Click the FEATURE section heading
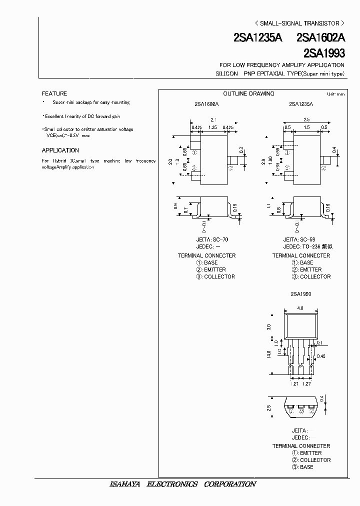click(54, 93)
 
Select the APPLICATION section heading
click(60, 150)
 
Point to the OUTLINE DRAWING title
click(248, 93)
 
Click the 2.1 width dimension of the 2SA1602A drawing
click(213, 120)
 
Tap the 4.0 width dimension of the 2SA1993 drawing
click(300, 308)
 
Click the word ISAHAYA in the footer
click(126, 484)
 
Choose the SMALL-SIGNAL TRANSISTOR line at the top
click(299, 23)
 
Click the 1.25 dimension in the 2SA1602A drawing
click(213, 127)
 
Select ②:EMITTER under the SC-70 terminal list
click(210, 269)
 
